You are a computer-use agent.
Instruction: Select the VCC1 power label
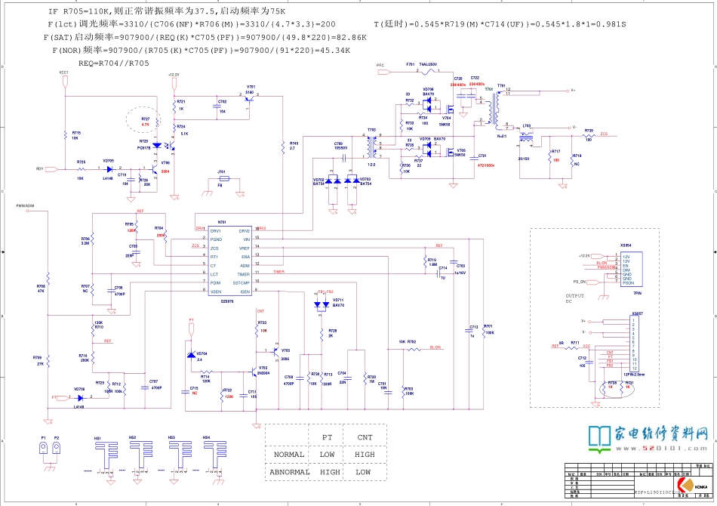pos(64,72)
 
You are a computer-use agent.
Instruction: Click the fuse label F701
pos(410,64)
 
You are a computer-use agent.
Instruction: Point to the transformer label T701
pos(488,89)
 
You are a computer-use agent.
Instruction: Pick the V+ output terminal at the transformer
pos(573,90)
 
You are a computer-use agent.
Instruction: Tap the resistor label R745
pos(294,143)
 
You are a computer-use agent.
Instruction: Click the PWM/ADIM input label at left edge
pos(26,205)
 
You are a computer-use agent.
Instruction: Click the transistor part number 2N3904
pos(263,373)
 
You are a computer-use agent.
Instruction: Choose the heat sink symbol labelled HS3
pos(171,438)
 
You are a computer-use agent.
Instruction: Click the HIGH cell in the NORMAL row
pos(365,455)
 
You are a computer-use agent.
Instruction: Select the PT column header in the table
pos(327,437)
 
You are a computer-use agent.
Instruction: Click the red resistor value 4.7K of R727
pos(146,125)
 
